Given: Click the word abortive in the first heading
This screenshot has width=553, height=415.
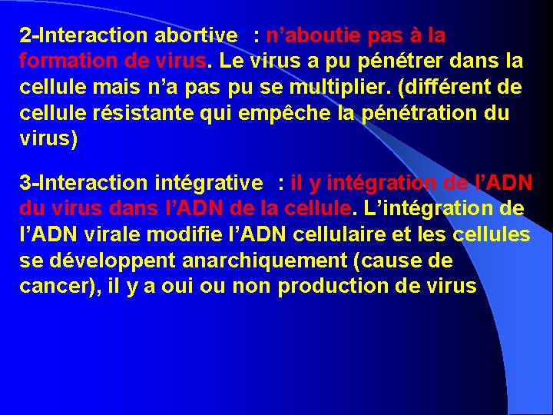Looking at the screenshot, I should (x=196, y=36).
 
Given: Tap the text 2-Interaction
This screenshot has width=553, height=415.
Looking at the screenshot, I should (x=84, y=36).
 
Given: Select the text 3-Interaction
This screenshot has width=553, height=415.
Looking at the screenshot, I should (x=84, y=184).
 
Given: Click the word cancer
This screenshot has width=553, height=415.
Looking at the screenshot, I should (x=50, y=287).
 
